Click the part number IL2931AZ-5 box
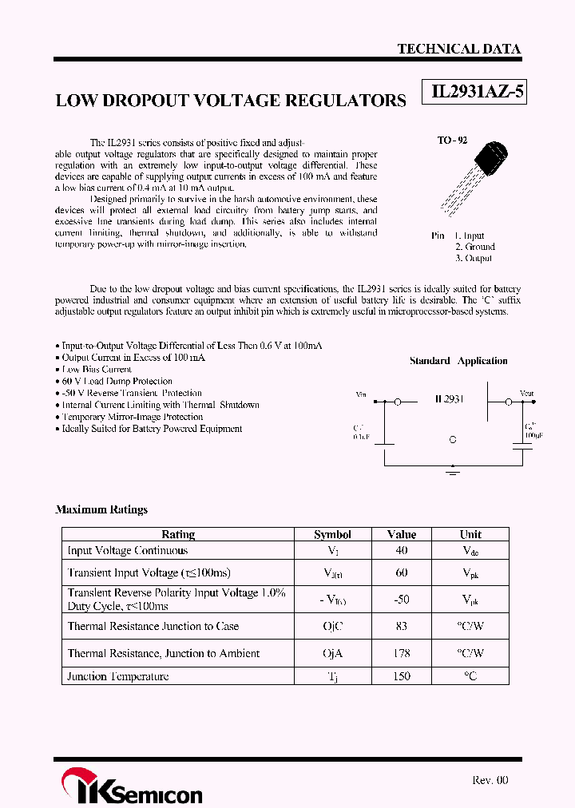pyautogui.click(x=477, y=93)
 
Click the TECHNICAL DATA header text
pyautogui.click(x=458, y=49)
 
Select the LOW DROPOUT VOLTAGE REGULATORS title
pyautogui.click(x=231, y=101)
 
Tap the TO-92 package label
pyautogui.click(x=451, y=141)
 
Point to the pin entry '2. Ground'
pyautogui.click(x=474, y=247)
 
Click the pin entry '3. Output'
pyautogui.click(x=474, y=258)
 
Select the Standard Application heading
pyautogui.click(x=458, y=361)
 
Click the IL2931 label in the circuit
pyautogui.click(x=449, y=398)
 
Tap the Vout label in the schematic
pyautogui.click(x=526, y=394)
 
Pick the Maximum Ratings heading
pyautogui.click(x=101, y=509)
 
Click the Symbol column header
pyautogui.click(x=332, y=534)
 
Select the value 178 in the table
pyautogui.click(x=401, y=653)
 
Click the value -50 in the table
pyautogui.click(x=401, y=599)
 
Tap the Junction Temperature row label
pyautogui.click(x=118, y=676)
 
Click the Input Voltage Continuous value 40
pyautogui.click(x=401, y=550)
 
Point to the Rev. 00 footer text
pyautogui.click(x=490, y=780)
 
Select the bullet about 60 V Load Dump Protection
pyautogui.click(x=117, y=381)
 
